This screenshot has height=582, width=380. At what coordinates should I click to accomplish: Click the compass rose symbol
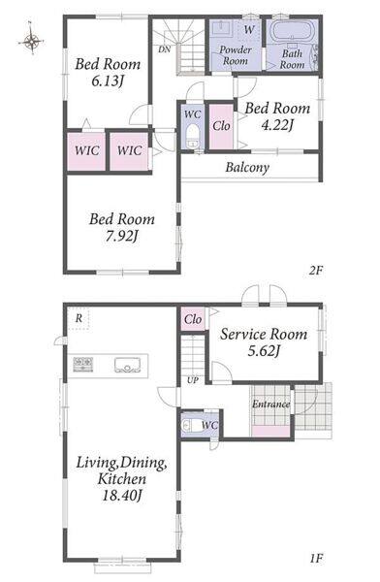click(x=31, y=40)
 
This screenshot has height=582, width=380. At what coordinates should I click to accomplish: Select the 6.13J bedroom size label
click(x=108, y=81)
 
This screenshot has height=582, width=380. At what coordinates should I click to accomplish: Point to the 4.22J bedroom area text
click(x=277, y=126)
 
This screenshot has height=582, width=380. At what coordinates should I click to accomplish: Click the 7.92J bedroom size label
click(x=121, y=236)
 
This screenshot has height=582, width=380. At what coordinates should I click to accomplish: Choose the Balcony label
click(x=247, y=168)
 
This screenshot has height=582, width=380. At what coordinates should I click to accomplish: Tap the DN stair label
click(x=165, y=49)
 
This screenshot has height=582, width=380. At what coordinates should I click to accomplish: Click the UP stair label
click(x=193, y=380)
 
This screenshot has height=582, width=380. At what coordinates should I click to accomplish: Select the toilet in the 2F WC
click(x=192, y=134)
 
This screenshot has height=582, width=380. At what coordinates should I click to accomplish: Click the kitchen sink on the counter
click(x=128, y=365)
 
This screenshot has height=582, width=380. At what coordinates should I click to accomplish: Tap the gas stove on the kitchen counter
click(x=83, y=364)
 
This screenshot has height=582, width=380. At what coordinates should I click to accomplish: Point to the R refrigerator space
click(x=79, y=318)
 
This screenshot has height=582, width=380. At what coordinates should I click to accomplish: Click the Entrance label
click(x=270, y=404)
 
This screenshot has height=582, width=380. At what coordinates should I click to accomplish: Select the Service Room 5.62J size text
click(x=264, y=350)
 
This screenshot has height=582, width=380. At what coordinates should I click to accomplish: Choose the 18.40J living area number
click(x=122, y=495)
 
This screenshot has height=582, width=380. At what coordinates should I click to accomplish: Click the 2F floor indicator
click(x=316, y=271)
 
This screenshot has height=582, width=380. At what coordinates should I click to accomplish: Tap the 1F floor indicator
click(x=316, y=558)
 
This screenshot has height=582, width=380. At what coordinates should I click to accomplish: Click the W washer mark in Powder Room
click(x=249, y=29)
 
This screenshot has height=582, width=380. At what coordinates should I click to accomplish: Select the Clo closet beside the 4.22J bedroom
click(x=221, y=126)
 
